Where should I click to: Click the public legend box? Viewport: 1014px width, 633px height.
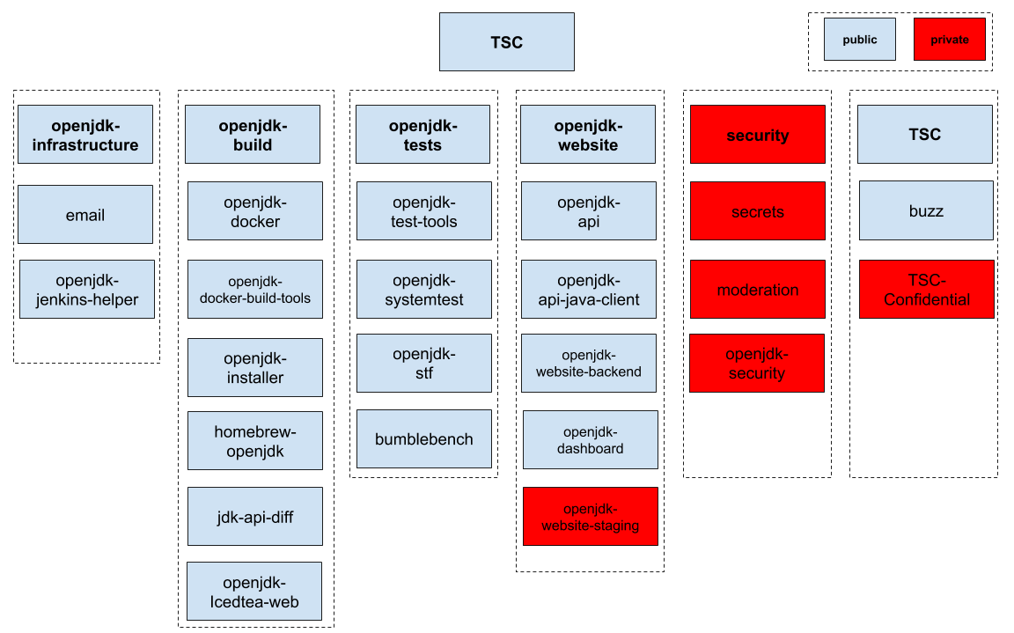859,40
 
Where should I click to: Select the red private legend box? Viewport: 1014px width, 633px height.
949,40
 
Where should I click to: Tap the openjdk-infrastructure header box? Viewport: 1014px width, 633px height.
85,135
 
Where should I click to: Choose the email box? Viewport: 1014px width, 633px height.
85,214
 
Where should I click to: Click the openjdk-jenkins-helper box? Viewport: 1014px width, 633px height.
86,289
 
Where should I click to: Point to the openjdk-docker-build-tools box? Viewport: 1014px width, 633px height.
255,289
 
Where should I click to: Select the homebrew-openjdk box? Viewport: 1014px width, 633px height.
255,440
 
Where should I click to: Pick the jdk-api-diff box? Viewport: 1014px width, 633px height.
255,516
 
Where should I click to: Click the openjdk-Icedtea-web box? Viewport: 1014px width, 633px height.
254,591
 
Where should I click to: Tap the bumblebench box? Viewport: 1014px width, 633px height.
424,438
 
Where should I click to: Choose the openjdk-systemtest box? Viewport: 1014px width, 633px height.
424,289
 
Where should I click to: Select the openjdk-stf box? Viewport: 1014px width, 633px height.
424,363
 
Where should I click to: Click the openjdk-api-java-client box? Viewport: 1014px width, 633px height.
589,289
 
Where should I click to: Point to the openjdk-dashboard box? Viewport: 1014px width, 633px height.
591,439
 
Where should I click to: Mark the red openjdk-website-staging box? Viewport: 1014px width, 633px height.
591,516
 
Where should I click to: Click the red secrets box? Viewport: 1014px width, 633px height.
758,211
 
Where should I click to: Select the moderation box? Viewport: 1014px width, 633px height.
758,289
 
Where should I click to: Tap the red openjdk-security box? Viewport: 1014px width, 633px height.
757,363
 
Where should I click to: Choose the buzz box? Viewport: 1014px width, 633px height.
926,210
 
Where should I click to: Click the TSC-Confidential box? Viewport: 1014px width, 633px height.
927,289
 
